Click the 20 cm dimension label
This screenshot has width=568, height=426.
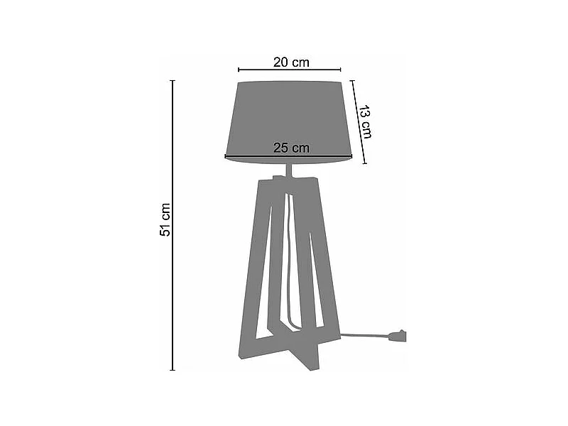[291, 62]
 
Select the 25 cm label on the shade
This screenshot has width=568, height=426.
[291, 148]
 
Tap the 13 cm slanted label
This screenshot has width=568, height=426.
[364, 121]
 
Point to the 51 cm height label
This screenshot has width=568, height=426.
[165, 219]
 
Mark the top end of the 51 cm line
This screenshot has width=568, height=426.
[173, 81]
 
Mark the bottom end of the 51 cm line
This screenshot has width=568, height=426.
[173, 370]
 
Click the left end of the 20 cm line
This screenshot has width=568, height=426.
[239, 70]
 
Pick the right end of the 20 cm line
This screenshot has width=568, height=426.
[341, 70]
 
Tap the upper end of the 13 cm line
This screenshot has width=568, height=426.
[351, 80]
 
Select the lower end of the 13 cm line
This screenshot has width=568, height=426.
[365, 164]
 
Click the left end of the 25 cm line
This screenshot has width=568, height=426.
[226, 156]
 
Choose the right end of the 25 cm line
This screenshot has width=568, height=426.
[352, 156]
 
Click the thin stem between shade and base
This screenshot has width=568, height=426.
[289, 170]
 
